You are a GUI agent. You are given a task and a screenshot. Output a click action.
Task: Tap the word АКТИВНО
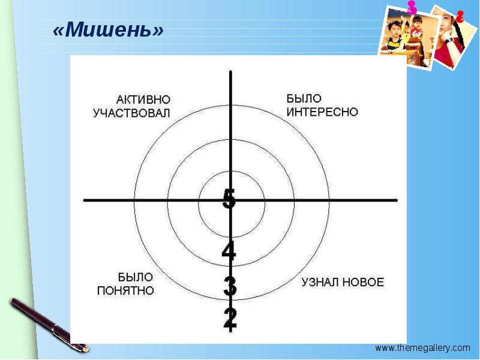point(143,98)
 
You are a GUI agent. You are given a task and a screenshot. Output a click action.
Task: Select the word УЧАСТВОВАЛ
point(132,113)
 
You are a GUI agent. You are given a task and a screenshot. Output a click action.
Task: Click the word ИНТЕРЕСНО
point(322,112)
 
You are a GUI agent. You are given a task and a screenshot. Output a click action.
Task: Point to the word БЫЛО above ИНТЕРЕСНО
point(304,98)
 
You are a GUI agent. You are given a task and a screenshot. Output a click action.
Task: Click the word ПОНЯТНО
point(126,291)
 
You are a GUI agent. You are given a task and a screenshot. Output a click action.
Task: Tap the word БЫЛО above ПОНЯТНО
point(135,277)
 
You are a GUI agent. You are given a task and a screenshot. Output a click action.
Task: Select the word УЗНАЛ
point(320,282)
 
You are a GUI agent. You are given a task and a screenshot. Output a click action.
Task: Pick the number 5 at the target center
point(229,199)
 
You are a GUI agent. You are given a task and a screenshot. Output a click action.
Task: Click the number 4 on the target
point(229,251)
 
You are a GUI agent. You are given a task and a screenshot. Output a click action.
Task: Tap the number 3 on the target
point(229,287)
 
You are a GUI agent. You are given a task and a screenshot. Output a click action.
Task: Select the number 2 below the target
point(230,318)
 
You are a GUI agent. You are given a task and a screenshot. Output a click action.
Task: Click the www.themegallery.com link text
point(422,348)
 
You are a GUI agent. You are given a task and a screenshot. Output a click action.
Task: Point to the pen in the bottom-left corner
point(48,324)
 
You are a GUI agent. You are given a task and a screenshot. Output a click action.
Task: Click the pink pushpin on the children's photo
point(412,8)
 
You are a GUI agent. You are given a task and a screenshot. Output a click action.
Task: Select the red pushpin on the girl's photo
point(460,17)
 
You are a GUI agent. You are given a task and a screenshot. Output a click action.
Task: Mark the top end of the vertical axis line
point(230,71)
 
